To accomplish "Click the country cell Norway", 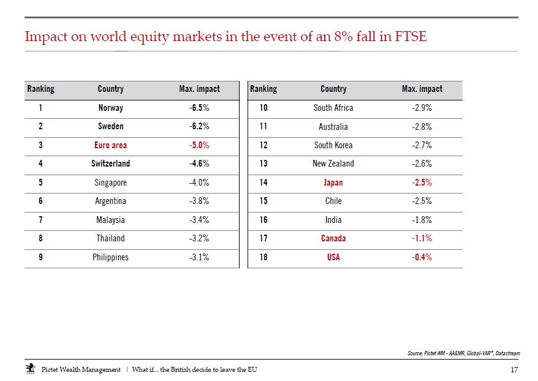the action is tap(110, 108).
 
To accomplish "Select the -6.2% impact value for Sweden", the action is tap(199, 126).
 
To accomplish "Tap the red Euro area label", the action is tap(110, 145).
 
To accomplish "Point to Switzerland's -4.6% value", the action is tap(199, 164).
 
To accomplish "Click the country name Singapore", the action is tap(110, 183).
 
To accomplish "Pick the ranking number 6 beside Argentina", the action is tap(40, 201).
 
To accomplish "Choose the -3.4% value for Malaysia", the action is tap(199, 220).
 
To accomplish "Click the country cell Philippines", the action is tap(110, 257).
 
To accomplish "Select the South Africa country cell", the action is tap(333, 108).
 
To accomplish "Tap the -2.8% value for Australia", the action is tap(422, 127).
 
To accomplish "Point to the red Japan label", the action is tap(333, 183).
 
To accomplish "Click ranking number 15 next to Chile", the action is tap(263, 201).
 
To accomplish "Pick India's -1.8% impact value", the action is tap(422, 220).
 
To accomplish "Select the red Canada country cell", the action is tap(333, 238).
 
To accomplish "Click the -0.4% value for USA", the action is tap(422, 257).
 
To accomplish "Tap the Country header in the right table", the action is tap(333, 89).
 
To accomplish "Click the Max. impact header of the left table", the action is tap(199, 89).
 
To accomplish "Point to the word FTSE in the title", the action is tap(411, 36).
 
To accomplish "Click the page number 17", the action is tap(514, 370).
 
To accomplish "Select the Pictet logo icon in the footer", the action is tap(31, 369).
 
